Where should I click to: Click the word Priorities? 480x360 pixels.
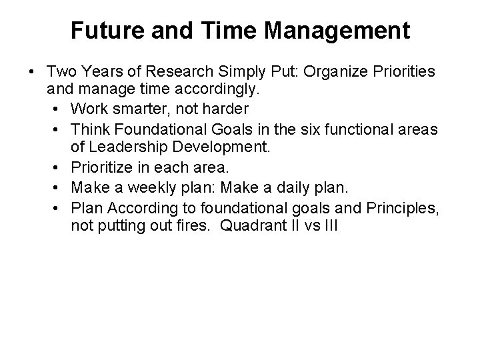tap(398, 71)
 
